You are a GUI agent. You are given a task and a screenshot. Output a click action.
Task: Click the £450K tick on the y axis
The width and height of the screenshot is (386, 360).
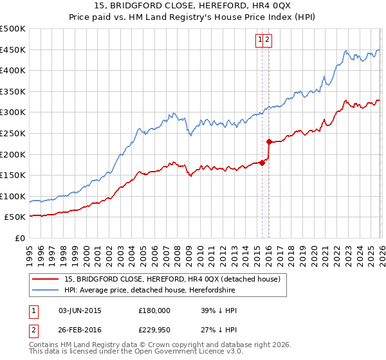[13, 50]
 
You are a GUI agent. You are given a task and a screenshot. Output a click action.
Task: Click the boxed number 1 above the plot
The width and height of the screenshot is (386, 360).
[260, 40]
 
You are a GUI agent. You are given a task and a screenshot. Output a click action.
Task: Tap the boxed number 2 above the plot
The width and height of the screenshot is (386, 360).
[268, 40]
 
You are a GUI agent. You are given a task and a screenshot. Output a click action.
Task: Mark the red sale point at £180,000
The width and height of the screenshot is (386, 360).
[262, 163]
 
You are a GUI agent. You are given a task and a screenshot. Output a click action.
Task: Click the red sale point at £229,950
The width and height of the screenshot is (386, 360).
[269, 141]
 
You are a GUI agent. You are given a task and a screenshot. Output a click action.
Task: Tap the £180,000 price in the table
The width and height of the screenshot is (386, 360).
[154, 310]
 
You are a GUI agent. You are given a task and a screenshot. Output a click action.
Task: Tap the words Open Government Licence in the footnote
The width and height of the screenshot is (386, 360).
[175, 351]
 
